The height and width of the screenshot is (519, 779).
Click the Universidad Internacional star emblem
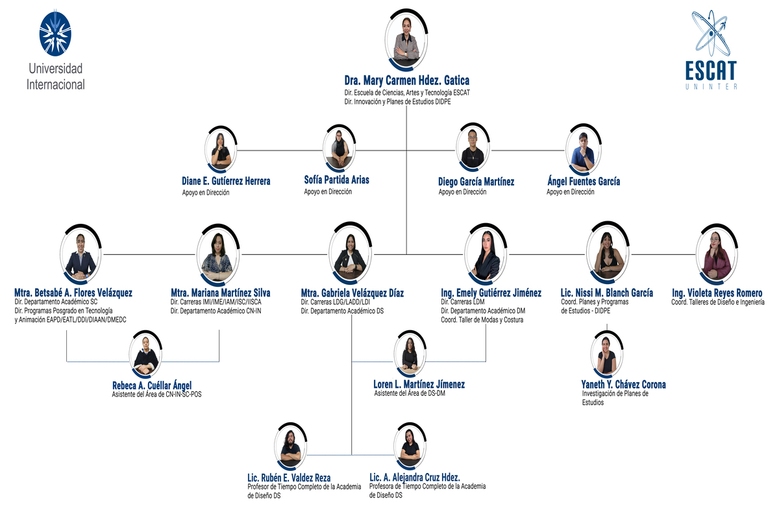click(56, 32)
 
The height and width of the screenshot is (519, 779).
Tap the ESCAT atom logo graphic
click(711, 35)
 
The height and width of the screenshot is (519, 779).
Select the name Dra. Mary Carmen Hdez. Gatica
click(406, 80)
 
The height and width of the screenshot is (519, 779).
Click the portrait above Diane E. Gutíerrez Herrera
click(221, 150)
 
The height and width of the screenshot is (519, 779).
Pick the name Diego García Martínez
click(476, 182)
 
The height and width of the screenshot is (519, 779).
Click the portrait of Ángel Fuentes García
click(583, 150)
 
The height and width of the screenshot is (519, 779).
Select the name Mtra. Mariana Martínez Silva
click(220, 293)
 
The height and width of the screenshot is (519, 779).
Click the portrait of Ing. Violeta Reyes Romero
click(717, 254)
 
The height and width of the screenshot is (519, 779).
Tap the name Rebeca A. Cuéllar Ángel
click(152, 385)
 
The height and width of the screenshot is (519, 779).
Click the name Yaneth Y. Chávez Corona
click(623, 384)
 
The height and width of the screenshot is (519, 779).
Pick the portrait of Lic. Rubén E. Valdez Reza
click(290, 446)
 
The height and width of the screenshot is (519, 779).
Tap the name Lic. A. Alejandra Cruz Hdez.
click(414, 477)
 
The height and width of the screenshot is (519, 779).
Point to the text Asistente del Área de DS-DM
click(410, 393)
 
